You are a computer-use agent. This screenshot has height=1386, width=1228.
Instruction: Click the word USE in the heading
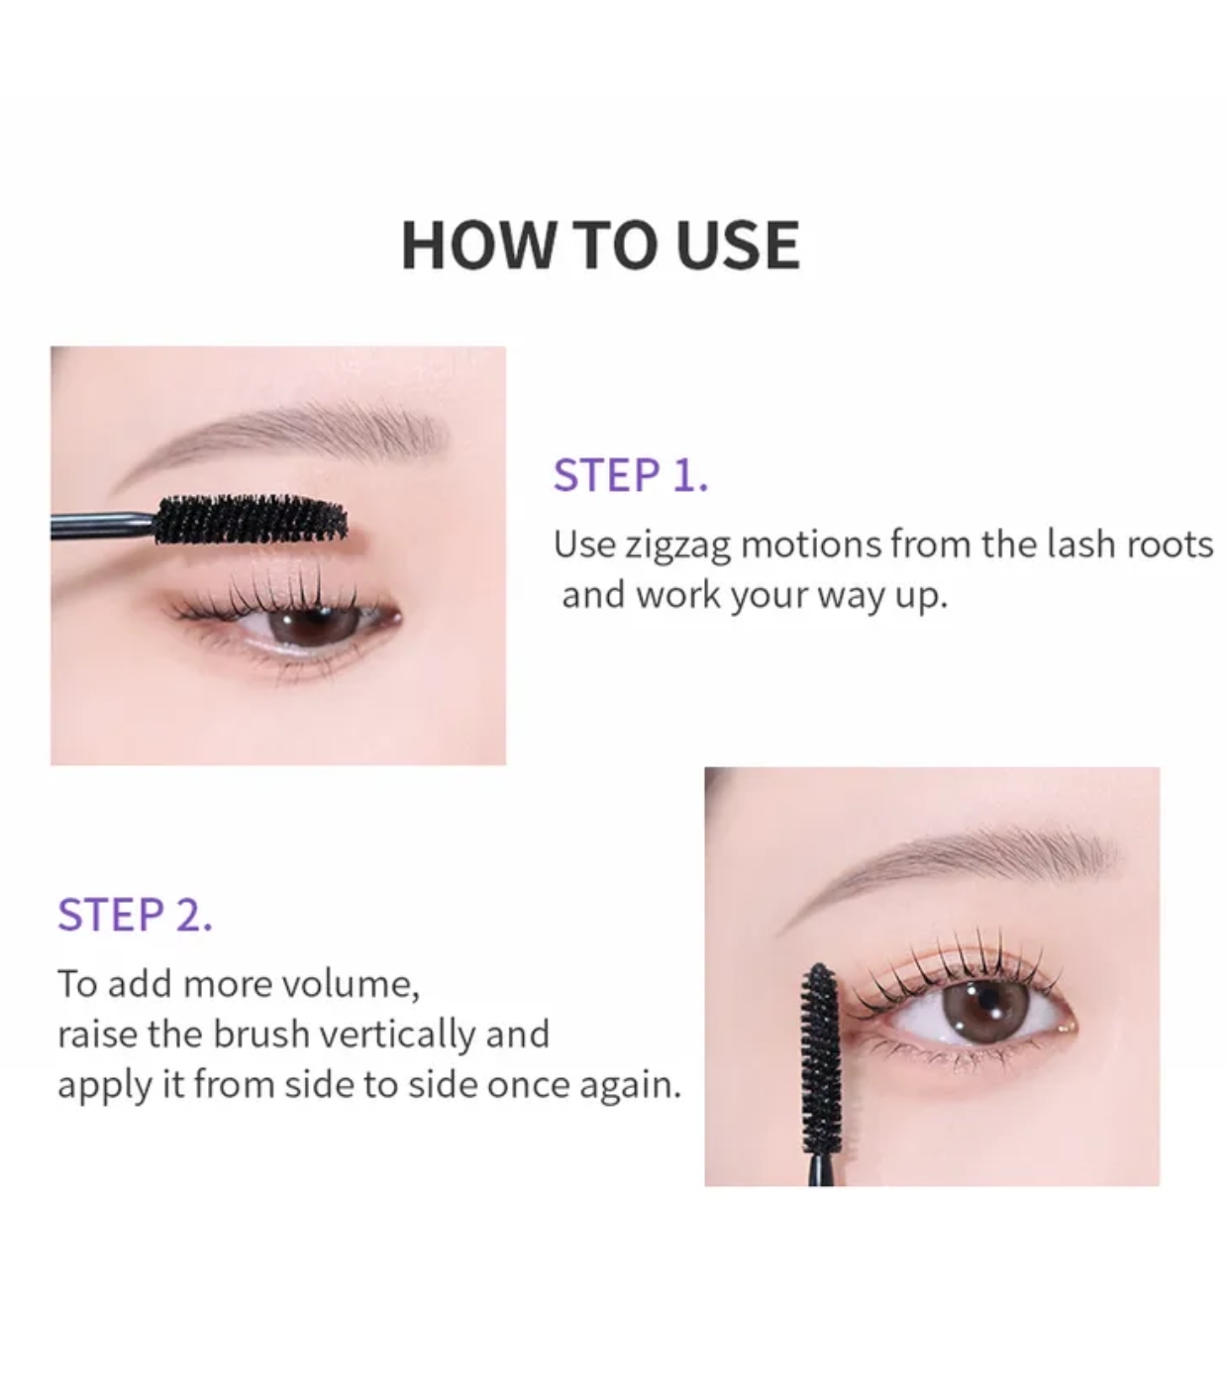pos(738,245)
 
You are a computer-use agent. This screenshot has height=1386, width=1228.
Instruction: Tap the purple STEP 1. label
pos(631,475)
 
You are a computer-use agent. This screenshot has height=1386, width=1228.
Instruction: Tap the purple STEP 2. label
pos(135,914)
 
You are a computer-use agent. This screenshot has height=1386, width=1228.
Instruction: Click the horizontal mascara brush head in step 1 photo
pos(251,520)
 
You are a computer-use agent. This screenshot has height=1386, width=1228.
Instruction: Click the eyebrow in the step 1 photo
pos(280,434)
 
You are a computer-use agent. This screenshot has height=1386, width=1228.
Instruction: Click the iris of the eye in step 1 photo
pos(311,624)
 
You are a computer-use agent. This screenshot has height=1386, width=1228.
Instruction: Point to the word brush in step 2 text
pos(261,1035)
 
